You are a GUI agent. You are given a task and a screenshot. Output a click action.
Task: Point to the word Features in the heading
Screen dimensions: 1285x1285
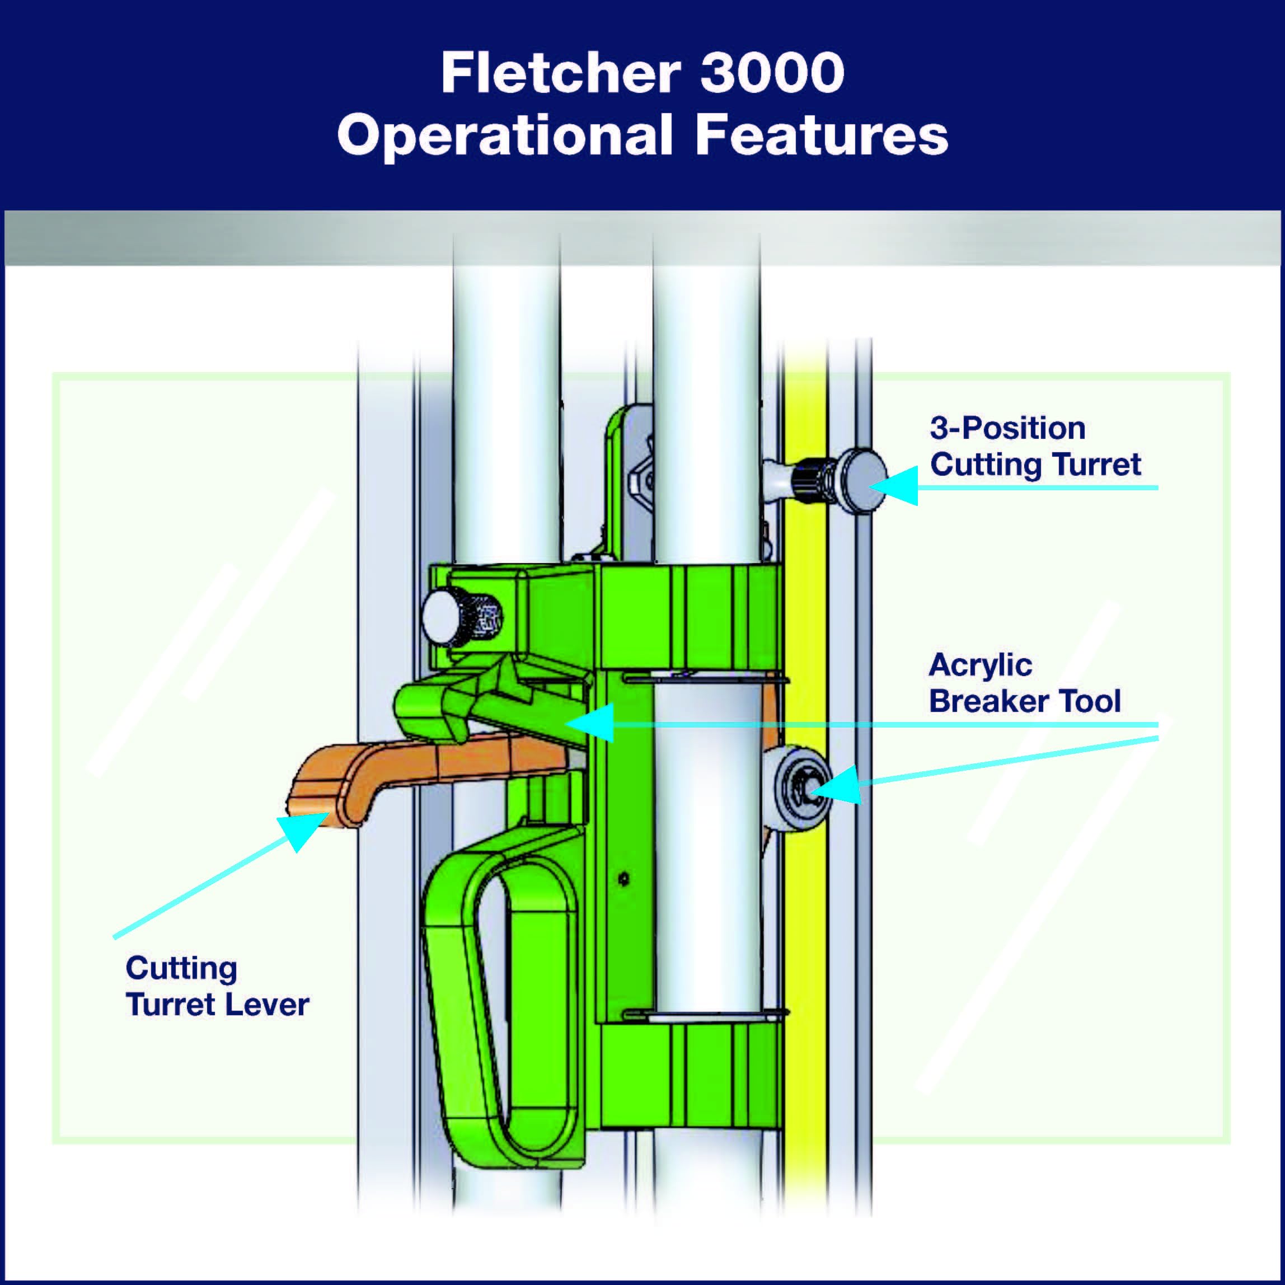[822, 135]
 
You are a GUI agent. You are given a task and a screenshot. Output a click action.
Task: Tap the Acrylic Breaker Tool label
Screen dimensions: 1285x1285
[1025, 684]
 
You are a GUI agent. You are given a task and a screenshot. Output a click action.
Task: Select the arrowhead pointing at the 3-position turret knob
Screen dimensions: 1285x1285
[894, 486]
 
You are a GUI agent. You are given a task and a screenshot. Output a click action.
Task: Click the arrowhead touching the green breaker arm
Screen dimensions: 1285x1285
[589, 723]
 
